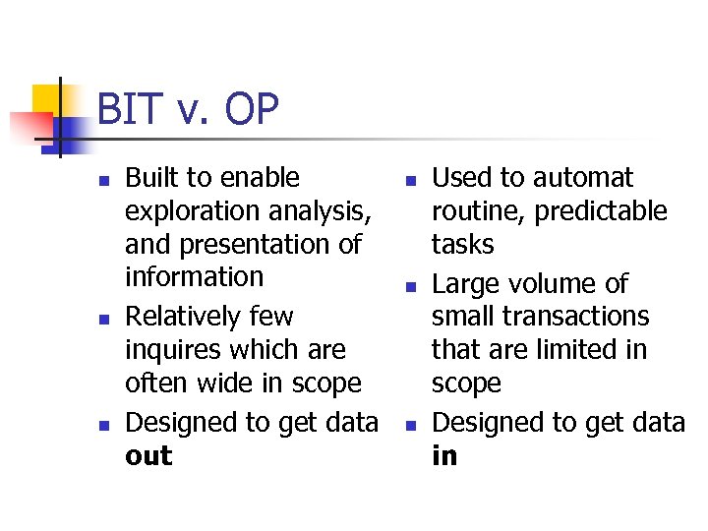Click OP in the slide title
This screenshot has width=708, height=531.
tap(251, 110)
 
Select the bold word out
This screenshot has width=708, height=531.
tap(148, 456)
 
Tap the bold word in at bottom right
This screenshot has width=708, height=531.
tap(444, 456)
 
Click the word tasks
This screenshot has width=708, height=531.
tap(463, 244)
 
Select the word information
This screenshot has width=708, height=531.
tap(195, 277)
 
